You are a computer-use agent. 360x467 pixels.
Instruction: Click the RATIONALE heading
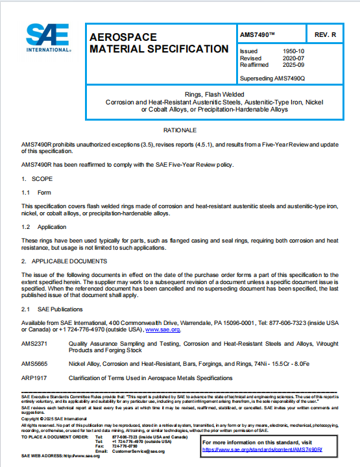click(180, 129)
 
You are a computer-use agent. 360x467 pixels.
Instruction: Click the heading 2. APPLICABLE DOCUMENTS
click(64, 261)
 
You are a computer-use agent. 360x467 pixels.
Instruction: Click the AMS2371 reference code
click(34, 343)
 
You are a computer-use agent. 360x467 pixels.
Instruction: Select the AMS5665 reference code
click(34, 364)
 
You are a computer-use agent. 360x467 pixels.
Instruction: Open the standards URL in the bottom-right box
click(262, 449)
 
